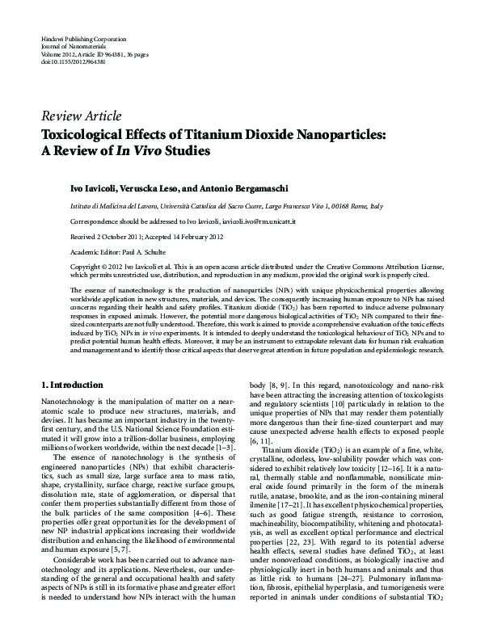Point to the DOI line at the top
(69, 61)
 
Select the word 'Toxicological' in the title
(92, 133)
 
